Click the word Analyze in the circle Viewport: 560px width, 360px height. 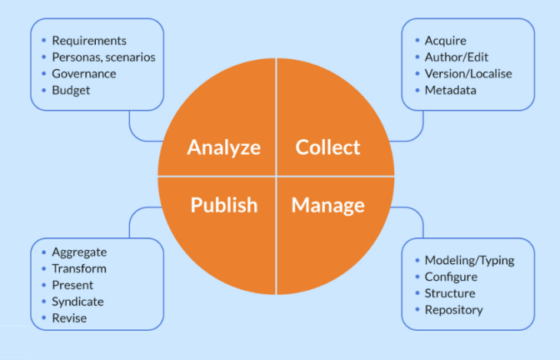coord(223,147)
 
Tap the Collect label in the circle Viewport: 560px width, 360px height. coord(328,147)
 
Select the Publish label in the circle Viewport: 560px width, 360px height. coord(223,205)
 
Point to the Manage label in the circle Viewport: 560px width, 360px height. coord(327,205)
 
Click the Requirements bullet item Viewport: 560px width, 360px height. coord(89,40)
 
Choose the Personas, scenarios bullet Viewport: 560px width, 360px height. coord(103,57)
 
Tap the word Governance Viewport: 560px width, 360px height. coord(83,73)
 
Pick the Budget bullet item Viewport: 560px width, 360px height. coord(71,90)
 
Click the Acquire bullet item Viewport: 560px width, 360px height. coord(445,40)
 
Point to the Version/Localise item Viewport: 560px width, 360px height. coord(468,73)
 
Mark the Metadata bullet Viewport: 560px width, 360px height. coord(450,90)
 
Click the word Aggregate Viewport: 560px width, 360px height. coord(79,252)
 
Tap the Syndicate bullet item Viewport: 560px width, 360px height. coord(77,302)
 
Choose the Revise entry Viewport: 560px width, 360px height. coord(69,318)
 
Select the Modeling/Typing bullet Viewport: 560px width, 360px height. coord(469,260)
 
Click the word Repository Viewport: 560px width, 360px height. coord(453,310)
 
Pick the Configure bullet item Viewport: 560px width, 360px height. coord(451,277)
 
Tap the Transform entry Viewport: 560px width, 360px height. coord(79,268)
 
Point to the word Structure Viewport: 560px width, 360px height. coord(450,293)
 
